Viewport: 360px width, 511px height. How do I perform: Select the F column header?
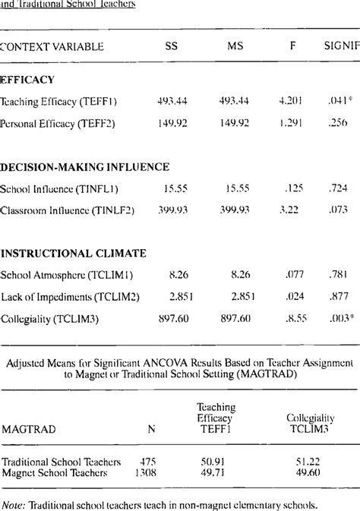[292, 47]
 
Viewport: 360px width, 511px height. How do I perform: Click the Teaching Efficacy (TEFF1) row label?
[69, 100]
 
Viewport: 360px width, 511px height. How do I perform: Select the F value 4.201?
[292, 100]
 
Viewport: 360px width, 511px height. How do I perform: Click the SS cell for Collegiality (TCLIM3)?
[172, 319]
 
